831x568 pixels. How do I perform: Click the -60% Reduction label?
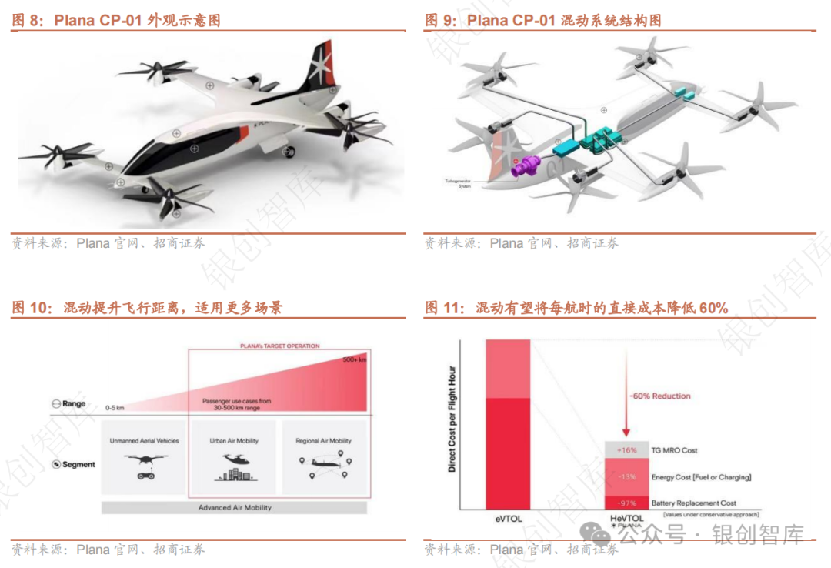661,396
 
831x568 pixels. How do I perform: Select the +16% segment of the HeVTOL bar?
628,450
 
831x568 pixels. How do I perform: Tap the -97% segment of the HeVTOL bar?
628,503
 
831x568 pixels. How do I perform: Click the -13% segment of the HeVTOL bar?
628,477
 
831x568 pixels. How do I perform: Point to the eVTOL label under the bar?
507,519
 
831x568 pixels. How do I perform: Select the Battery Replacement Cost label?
694,503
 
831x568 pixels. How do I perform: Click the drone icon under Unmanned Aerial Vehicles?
144,465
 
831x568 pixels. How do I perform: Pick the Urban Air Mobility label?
234,441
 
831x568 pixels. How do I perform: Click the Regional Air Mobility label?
323,441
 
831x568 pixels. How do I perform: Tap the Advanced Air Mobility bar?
235,508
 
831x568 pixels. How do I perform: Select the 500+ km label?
355,359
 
